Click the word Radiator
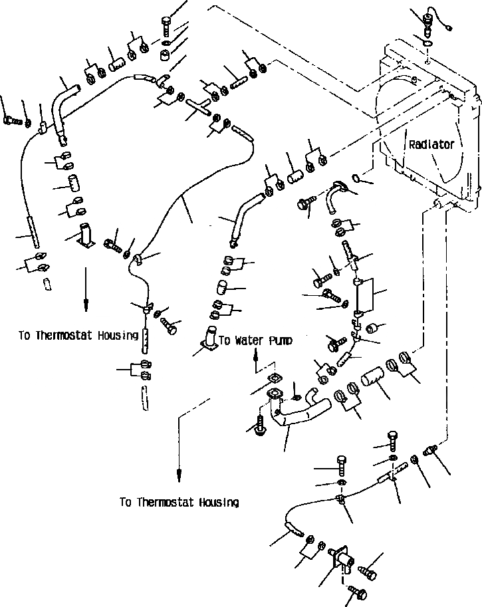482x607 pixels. point(431,144)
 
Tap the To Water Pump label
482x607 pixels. point(255,340)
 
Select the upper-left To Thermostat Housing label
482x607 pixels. point(78,335)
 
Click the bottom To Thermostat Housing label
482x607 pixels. point(179,502)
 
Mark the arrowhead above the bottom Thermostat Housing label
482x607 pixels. point(179,473)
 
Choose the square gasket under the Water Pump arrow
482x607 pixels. point(273,380)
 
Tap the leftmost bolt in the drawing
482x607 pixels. point(11,120)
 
